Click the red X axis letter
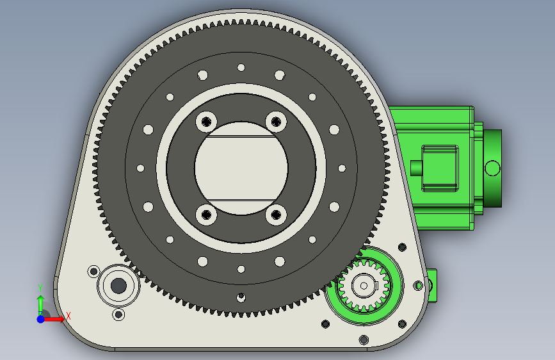pos(68,316)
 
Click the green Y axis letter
pos(40,288)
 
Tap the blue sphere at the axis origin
pos(41,319)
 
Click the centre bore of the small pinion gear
pos(364,286)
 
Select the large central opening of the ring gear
pos(241,168)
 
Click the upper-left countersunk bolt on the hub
pos(206,122)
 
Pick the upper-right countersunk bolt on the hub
pos(276,122)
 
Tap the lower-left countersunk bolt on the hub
pos(206,215)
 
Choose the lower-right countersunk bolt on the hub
pos(276,215)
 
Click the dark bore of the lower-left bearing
pos(118,286)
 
